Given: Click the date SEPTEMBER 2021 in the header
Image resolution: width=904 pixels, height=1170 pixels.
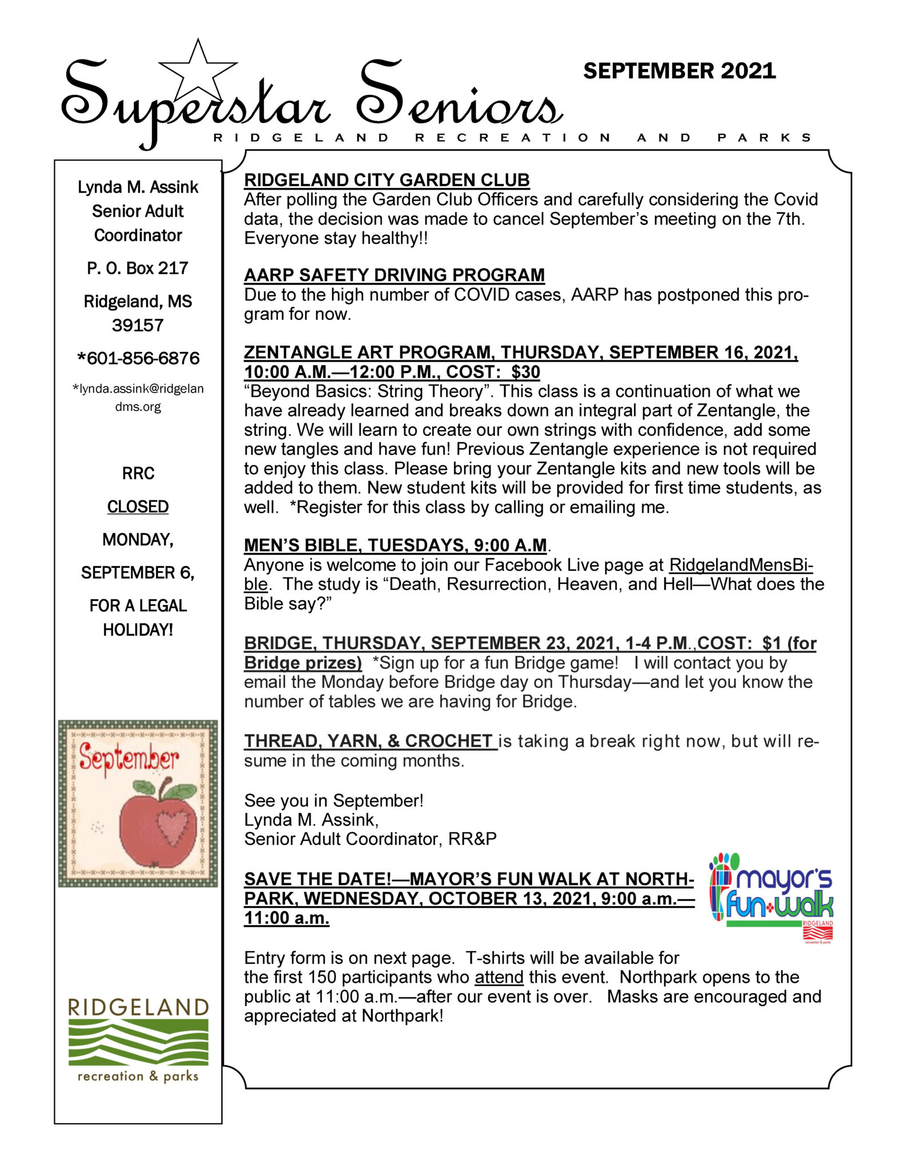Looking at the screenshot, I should [x=679, y=71].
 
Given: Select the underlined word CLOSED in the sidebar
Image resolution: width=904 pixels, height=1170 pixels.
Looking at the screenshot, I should [x=138, y=507].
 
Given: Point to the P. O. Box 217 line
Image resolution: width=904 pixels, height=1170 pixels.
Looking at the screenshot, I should [x=138, y=268].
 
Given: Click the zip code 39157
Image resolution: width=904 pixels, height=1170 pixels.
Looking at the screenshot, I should [x=138, y=325].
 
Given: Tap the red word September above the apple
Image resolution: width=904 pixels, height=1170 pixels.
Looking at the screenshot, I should [x=128, y=758].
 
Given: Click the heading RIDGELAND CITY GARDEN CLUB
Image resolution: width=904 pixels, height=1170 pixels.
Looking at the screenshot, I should [x=387, y=180].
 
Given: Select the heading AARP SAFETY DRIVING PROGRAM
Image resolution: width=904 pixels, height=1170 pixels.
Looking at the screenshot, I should [x=394, y=275].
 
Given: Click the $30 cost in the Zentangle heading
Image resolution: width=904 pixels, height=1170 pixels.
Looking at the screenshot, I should [x=525, y=372].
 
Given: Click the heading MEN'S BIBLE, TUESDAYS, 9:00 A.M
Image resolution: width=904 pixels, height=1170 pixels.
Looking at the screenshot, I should [x=395, y=546].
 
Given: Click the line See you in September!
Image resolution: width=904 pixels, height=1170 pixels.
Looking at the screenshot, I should [x=334, y=800].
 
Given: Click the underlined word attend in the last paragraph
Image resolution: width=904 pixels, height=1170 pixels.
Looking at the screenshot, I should [x=499, y=977].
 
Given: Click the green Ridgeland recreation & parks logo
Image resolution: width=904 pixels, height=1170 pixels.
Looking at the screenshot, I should [x=138, y=1040].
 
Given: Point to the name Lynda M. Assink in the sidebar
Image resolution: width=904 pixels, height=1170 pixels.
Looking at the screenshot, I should [x=138, y=187].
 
